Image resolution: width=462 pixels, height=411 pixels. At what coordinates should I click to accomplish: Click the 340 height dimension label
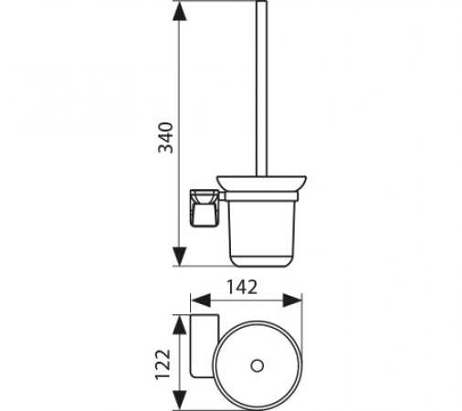point(166,138)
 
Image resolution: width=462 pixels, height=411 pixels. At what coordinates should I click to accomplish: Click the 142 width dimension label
point(242,287)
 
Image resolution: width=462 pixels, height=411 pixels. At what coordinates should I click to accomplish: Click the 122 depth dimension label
point(163,364)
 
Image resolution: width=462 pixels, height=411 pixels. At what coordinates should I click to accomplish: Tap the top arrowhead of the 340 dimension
point(179,11)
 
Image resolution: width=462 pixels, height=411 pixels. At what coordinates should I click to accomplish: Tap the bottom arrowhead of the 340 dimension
point(179,257)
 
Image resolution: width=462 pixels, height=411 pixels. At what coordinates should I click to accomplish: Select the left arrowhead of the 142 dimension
point(201,300)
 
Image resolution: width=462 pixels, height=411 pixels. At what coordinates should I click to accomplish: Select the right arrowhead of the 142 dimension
point(292,300)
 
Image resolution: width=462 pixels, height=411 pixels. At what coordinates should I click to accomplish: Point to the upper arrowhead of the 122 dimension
point(179,325)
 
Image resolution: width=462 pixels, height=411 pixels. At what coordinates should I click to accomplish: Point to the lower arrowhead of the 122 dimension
point(179,400)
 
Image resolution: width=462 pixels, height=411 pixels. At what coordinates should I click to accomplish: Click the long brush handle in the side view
point(261,89)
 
